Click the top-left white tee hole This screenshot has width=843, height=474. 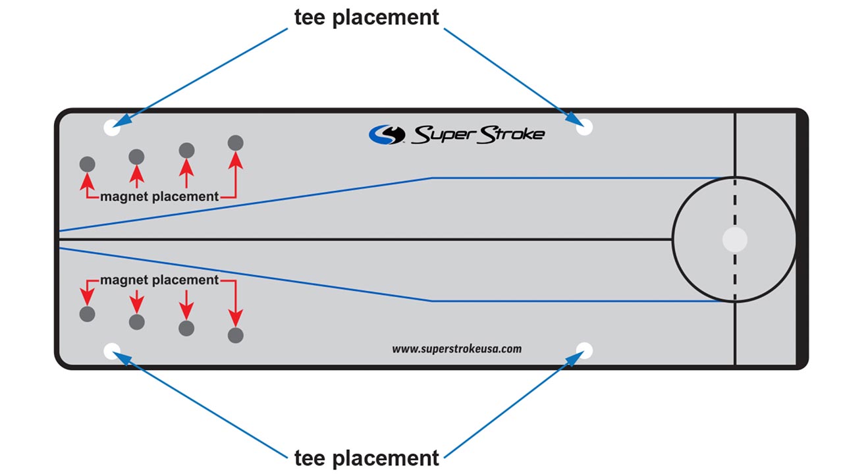[x=112, y=128]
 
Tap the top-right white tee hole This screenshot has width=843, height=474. [x=584, y=128]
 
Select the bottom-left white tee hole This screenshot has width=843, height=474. [x=112, y=350]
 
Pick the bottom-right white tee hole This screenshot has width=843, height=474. [x=584, y=350]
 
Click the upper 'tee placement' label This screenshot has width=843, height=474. [x=366, y=18]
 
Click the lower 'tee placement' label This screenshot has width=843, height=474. [x=366, y=457]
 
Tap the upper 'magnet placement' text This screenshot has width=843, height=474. [x=159, y=196]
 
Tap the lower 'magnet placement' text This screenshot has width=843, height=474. [x=159, y=280]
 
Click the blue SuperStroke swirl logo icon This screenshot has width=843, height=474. [x=387, y=134]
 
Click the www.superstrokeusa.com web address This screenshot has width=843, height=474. [x=456, y=349]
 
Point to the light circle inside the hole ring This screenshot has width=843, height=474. [x=735, y=240]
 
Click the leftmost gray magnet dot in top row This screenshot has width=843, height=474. [x=87, y=164]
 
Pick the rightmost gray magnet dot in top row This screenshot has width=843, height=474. [x=236, y=142]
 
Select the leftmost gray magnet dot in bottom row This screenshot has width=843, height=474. [x=87, y=314]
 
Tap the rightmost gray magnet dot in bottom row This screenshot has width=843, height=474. [x=236, y=335]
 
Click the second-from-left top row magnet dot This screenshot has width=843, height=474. [x=136, y=157]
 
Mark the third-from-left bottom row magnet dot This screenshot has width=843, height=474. [x=186, y=328]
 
